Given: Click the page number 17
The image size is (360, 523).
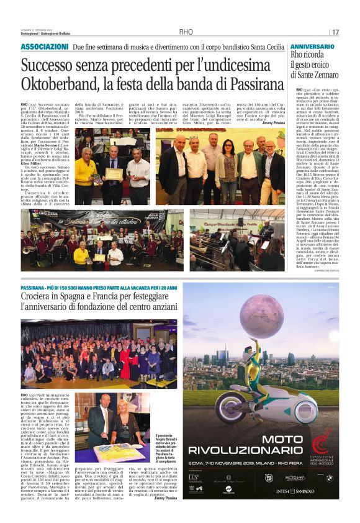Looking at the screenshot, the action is pyautogui.click(x=336, y=32).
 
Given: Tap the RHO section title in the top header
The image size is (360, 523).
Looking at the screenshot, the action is pyautogui.click(x=186, y=32).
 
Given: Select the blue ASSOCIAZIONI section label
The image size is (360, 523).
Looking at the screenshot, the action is pyautogui.click(x=45, y=47).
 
